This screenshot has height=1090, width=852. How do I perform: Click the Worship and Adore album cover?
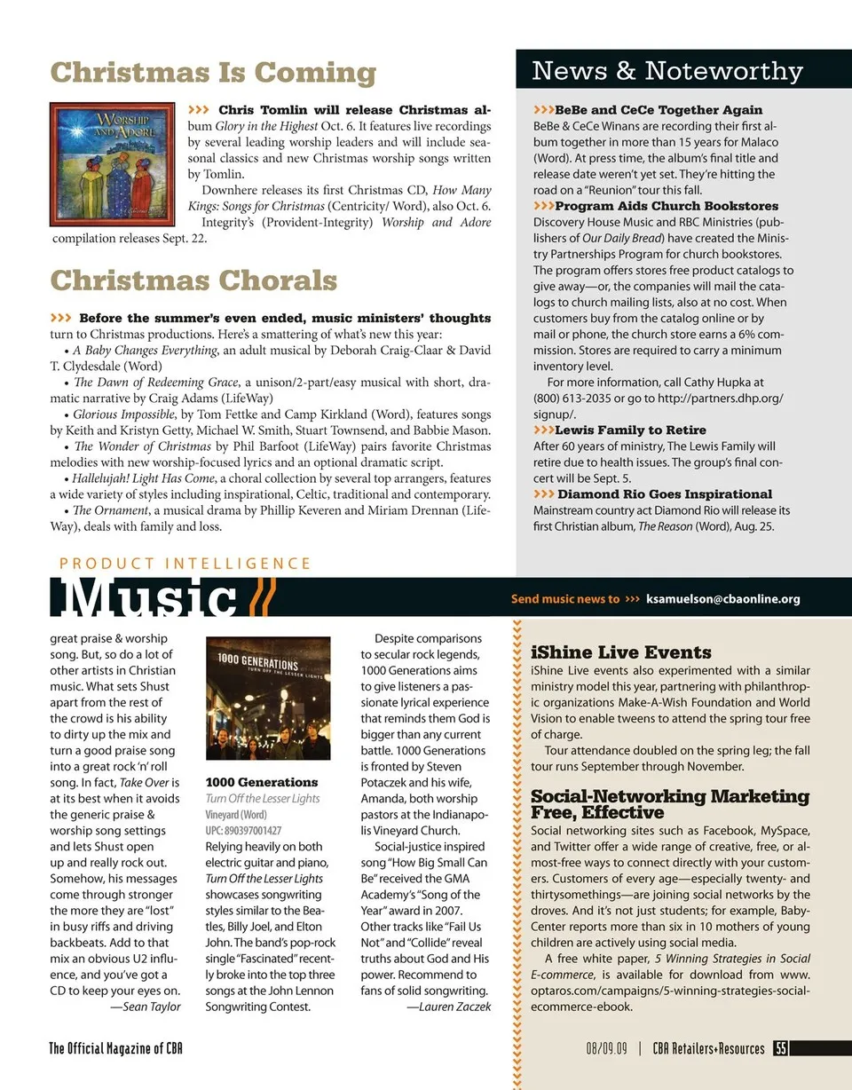pos(112,164)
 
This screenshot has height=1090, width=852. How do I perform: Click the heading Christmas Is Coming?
pos(213,72)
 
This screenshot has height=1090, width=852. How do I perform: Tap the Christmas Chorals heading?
pos(193,280)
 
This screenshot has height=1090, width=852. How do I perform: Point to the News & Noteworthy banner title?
pos(667,70)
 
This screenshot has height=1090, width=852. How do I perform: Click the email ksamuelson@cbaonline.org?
pos(722,599)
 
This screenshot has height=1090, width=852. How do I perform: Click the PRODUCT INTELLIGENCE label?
pos(185,563)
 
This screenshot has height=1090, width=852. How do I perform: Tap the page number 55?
pos(781,1048)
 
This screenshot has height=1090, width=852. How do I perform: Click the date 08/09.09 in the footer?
pos(606,1048)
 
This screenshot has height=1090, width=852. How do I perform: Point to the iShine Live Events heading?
pos(620,652)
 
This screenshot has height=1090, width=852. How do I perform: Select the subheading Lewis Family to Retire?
pos(630,430)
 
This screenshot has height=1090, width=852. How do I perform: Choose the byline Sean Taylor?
pos(147,1007)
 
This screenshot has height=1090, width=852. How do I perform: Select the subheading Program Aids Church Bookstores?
pos(667,207)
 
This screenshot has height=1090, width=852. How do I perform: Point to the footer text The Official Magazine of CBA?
pos(116,1048)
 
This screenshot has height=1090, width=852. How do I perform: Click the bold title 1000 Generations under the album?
pos(262,782)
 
